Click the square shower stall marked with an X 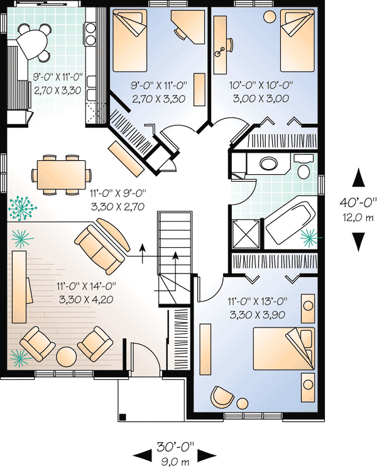(245, 233)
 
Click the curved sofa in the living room (102, 246)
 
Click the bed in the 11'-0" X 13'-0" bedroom (283, 350)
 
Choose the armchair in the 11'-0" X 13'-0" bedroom (221, 397)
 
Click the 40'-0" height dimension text (356, 202)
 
